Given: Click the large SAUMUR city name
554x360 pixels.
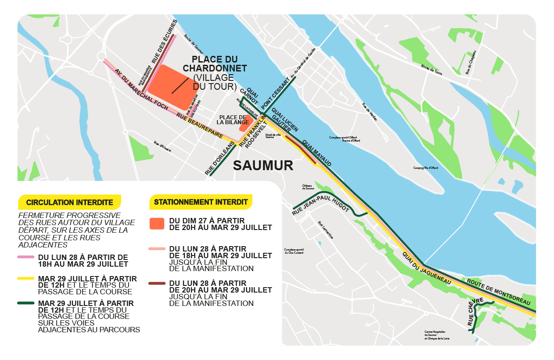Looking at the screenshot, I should tap(263, 165).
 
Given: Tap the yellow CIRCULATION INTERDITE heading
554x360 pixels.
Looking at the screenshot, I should tap(69, 202).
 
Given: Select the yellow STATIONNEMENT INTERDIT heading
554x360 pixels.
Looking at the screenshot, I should tap(200, 202).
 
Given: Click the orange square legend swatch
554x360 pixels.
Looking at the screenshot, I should tap(157, 224).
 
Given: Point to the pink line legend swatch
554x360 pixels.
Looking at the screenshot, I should tap(26, 257).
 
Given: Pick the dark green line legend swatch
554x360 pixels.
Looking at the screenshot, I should tap(26, 303).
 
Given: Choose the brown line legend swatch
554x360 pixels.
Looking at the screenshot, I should tap(157, 283).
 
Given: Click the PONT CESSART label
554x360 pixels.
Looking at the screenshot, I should tap(276, 94).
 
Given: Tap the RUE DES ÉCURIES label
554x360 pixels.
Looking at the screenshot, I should tap(163, 43).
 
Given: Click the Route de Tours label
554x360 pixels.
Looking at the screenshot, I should tap(431, 70).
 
